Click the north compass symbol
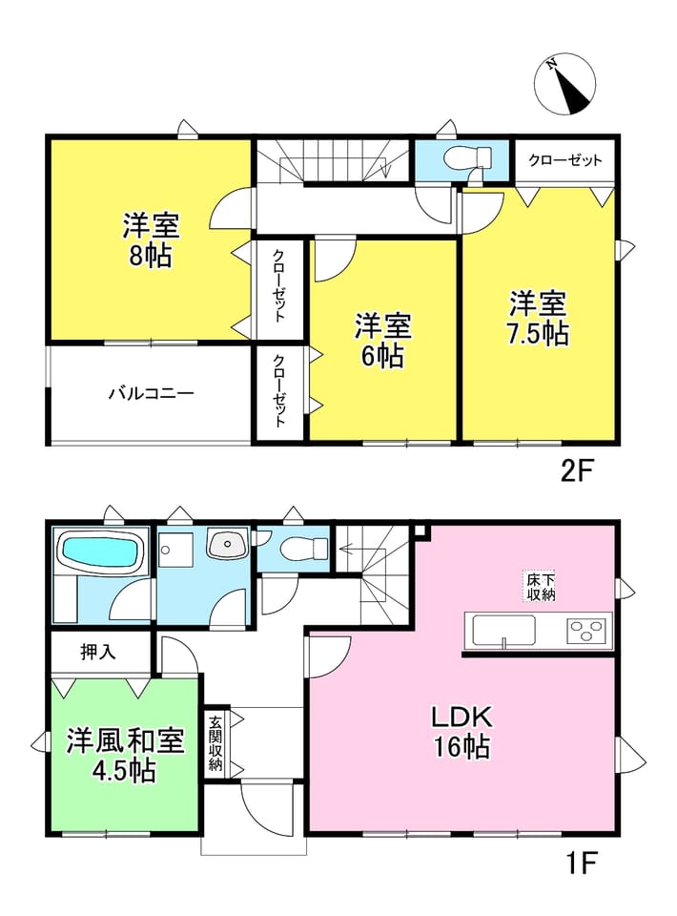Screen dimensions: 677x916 (564, 84)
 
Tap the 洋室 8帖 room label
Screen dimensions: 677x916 (151, 240)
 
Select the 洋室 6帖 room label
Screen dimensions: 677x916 (383, 341)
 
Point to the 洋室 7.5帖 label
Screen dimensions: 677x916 (539, 319)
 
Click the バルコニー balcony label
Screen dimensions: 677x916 (152, 393)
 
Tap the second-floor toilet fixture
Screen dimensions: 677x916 (468, 157)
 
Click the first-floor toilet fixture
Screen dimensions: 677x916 (304, 548)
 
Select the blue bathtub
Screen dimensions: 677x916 (101, 551)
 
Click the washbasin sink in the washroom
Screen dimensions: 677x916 (228, 546)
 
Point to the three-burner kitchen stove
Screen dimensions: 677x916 (586, 631)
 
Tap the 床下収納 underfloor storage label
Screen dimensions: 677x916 (540, 587)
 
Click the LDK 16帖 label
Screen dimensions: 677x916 (462, 732)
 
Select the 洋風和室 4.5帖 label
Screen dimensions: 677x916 (125, 756)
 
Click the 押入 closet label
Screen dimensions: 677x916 (98, 653)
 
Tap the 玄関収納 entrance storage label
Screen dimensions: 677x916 (215, 742)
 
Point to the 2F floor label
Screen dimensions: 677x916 (577, 470)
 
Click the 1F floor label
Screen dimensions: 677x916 (582, 863)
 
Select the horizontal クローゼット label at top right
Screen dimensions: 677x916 (564, 160)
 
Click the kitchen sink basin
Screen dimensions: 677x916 (503, 631)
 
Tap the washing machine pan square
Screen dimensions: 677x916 (175, 550)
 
